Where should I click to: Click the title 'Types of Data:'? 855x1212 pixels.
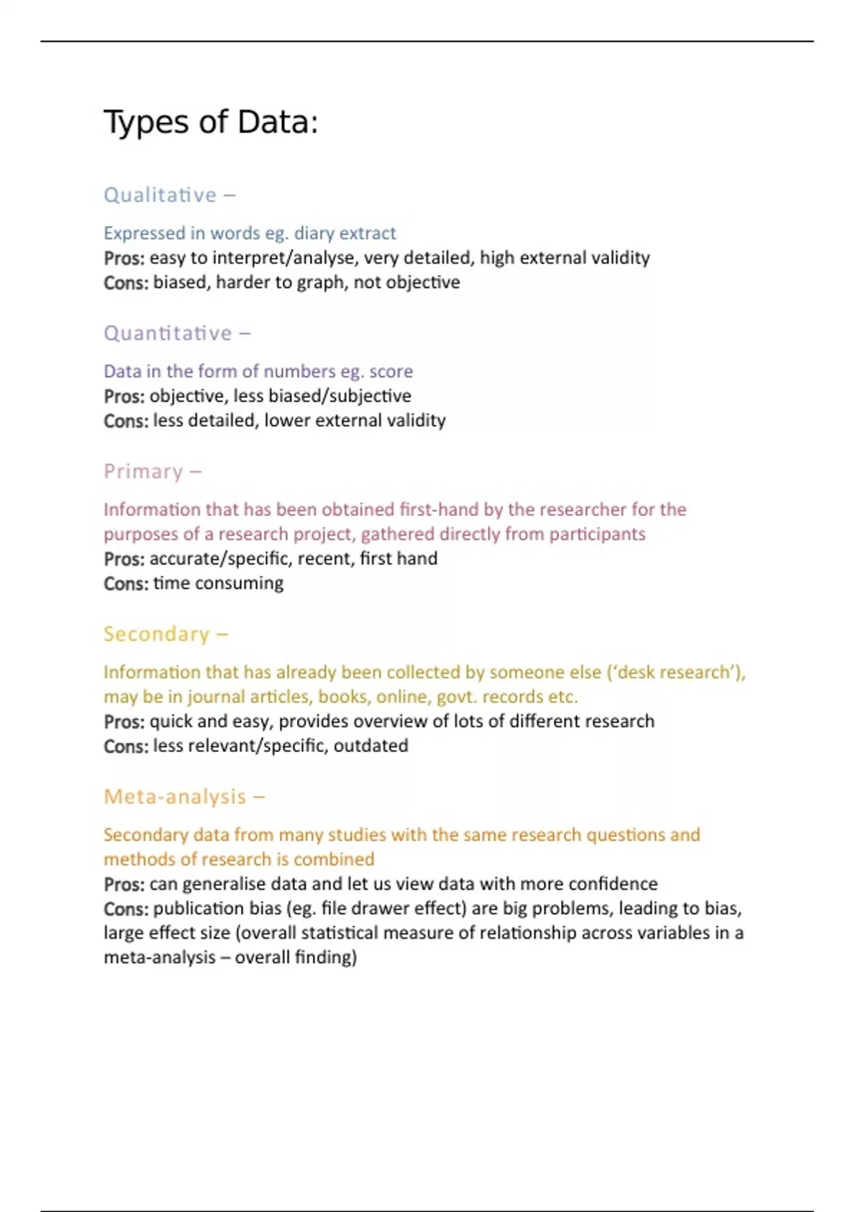coord(211,122)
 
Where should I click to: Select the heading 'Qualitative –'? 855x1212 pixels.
coord(169,195)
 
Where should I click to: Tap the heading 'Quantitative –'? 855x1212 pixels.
coord(177,333)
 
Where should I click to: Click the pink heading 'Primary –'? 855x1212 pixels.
coord(152,471)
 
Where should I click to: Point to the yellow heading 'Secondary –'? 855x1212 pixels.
coord(165,634)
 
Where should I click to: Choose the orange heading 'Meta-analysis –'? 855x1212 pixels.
coord(184,796)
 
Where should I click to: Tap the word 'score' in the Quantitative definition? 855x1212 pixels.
coord(390,371)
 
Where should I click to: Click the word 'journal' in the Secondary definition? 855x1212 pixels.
coord(216,697)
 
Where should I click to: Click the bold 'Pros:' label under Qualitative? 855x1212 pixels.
coord(124,258)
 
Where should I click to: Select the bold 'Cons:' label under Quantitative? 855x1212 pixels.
coord(126,421)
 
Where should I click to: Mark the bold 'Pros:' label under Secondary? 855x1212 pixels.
coord(124,721)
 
